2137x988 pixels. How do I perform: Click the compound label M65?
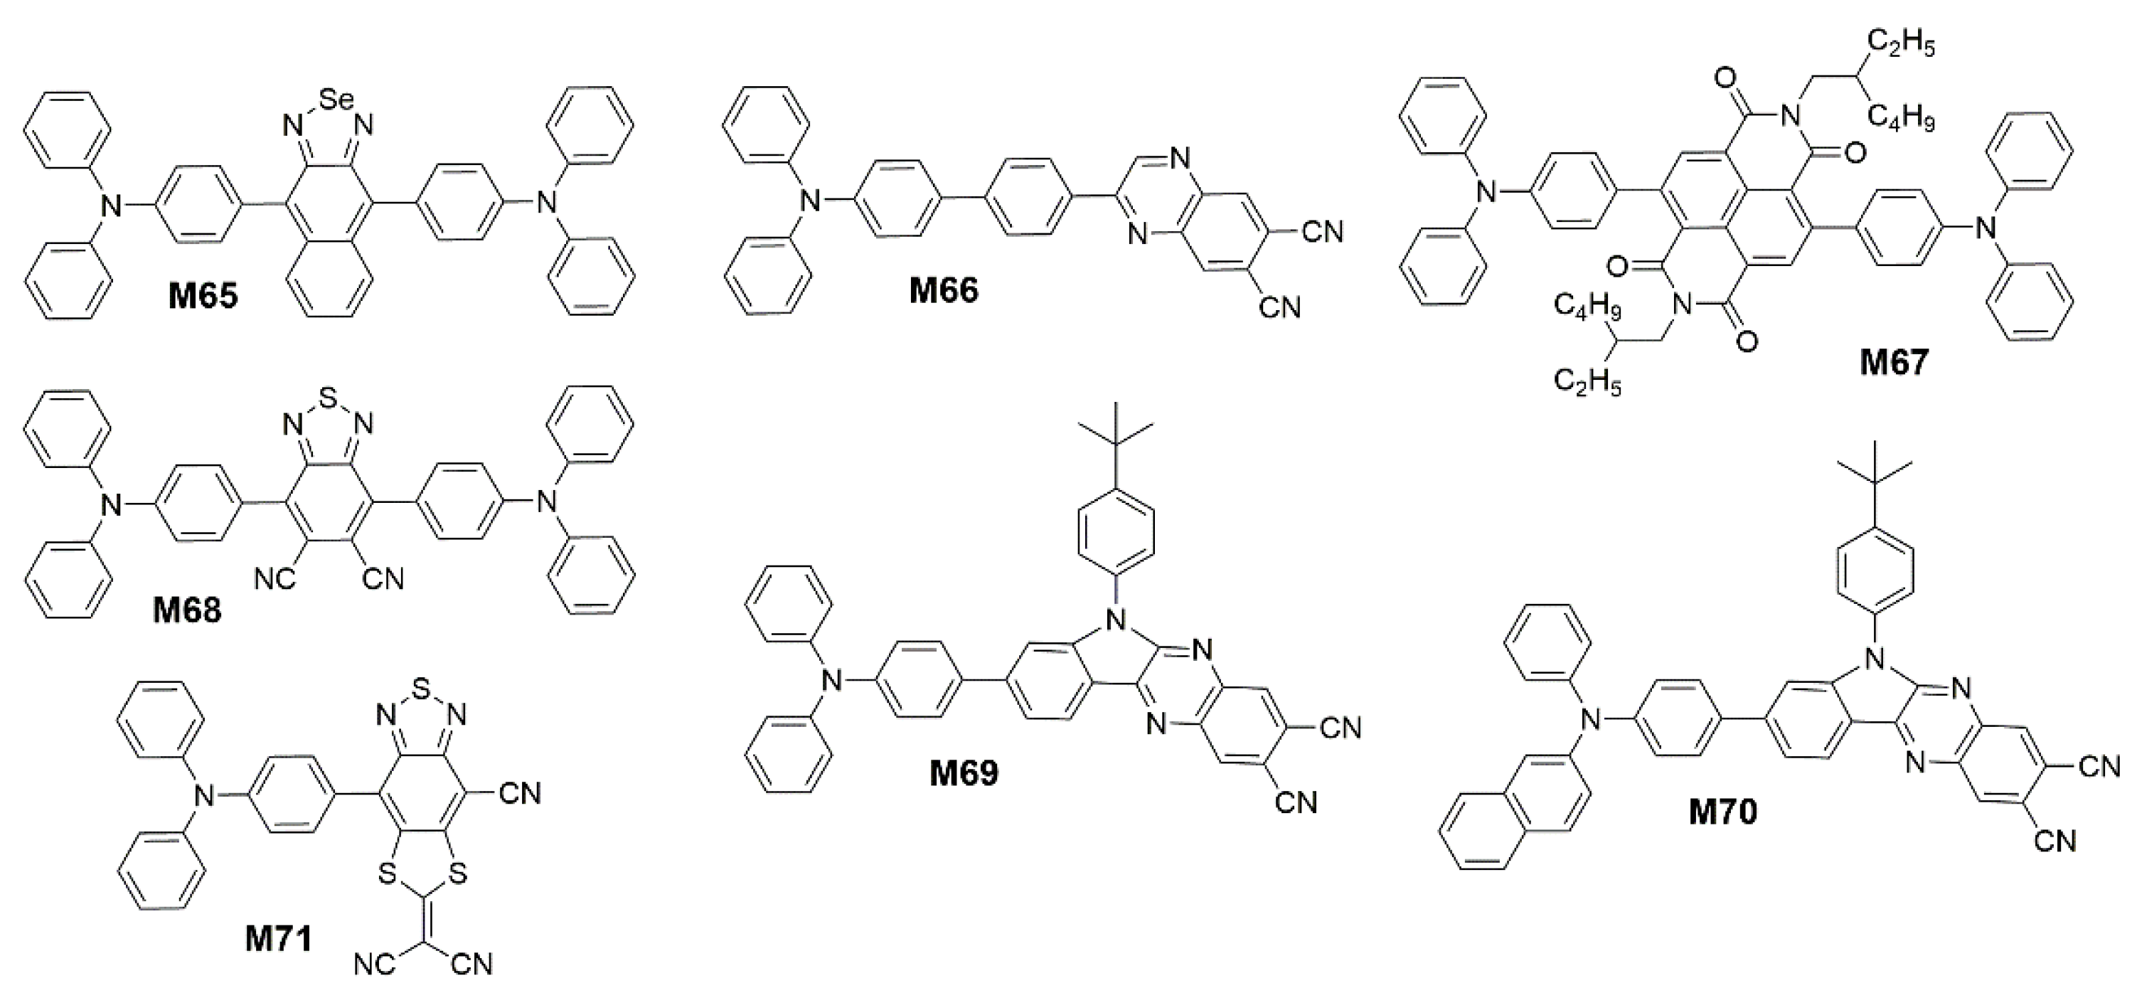point(203,296)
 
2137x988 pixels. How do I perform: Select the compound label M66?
point(944,290)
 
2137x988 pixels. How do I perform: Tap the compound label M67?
point(1894,363)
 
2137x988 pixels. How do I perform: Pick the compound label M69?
point(964,773)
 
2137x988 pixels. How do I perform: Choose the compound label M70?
point(1723,812)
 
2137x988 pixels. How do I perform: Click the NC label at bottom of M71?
point(374,965)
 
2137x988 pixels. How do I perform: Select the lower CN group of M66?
point(1279,309)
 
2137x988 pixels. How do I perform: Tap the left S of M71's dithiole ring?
point(385,873)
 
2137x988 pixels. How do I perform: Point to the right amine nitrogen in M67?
point(1983,225)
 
